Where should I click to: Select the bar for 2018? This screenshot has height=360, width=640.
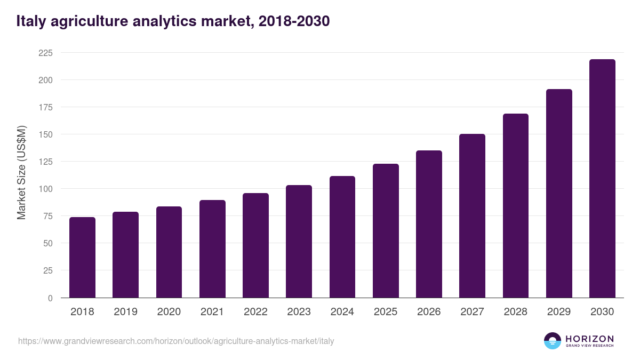[x=82, y=258]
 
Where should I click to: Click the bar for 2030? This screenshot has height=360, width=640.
[x=602, y=179]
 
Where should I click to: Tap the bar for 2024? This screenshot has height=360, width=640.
[x=342, y=237]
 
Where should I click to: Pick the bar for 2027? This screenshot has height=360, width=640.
[x=472, y=216]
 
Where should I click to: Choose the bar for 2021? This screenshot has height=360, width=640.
[x=212, y=249]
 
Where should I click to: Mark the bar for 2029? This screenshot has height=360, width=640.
[x=559, y=194]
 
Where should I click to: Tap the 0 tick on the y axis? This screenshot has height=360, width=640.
[x=50, y=298]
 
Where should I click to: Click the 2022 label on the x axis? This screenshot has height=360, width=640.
[x=255, y=312]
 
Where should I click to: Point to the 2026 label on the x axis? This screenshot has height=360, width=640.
[x=429, y=312]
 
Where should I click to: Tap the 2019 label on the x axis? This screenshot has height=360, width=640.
[x=125, y=312]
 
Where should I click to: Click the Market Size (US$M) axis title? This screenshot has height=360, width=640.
[x=21, y=172]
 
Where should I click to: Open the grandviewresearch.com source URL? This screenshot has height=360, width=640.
[x=176, y=341]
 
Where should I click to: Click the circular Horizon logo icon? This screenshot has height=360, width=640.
[x=553, y=341]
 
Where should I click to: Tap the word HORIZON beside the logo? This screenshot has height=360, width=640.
[x=589, y=339]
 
